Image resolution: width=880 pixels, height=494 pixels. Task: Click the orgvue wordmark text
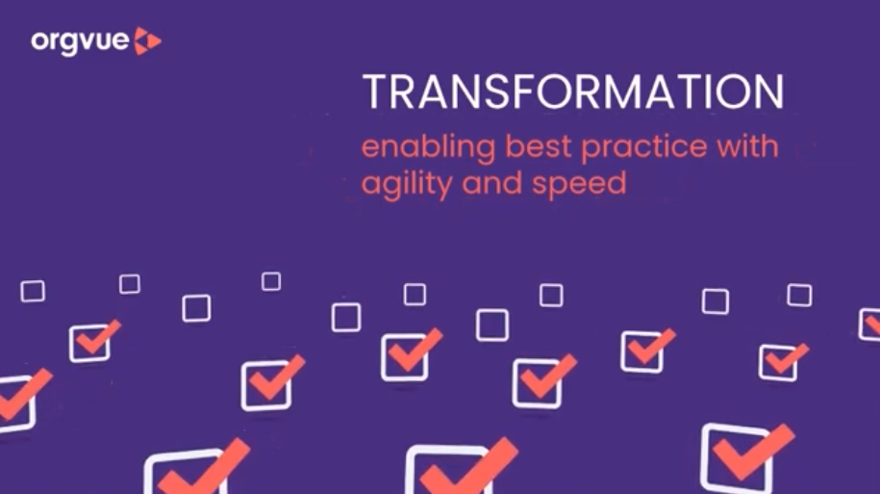(79, 41)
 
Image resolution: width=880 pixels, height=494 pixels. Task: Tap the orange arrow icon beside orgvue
(147, 40)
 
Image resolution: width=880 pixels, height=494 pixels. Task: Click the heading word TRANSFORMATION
(572, 93)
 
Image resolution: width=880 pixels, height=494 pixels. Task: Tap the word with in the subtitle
(746, 148)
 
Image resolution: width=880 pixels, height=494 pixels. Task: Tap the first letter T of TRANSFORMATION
(373, 93)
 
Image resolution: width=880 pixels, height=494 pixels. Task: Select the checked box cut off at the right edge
(869, 325)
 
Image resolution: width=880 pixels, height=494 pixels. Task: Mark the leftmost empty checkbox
(33, 291)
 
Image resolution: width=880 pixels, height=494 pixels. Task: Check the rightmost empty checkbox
(799, 295)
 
